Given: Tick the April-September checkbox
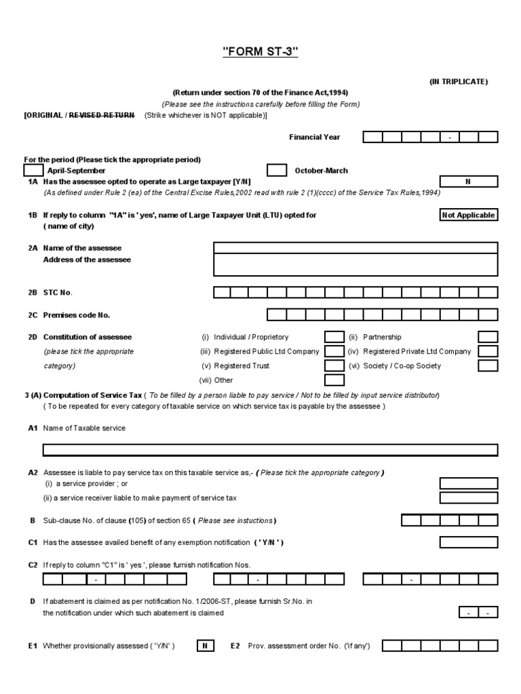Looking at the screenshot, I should pos(34,170).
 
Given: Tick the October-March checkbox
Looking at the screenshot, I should pos(277,170).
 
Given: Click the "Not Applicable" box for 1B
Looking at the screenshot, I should pos(469,216).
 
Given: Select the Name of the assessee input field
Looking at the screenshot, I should pos(355,247).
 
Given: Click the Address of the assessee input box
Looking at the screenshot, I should pos(355,265).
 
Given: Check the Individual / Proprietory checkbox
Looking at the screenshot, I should pos(334,337).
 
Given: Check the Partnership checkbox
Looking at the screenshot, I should pos(488,337).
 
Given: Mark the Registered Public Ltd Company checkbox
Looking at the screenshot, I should pos(334,351).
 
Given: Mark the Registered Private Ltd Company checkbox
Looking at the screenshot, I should pos(488,351).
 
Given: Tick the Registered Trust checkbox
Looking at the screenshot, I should pos(334,365).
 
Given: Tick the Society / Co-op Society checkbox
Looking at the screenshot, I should pos(488,365).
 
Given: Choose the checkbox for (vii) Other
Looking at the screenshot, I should pos(334,380).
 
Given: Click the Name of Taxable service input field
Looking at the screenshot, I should pos(270,450).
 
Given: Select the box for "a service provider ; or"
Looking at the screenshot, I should pos(469,483).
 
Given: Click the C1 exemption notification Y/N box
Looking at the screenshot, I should pos(469,542).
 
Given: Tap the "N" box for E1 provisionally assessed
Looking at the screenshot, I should pos(204,646).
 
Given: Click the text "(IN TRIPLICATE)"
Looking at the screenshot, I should pos(458,81).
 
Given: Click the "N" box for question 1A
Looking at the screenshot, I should pos(469,182).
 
